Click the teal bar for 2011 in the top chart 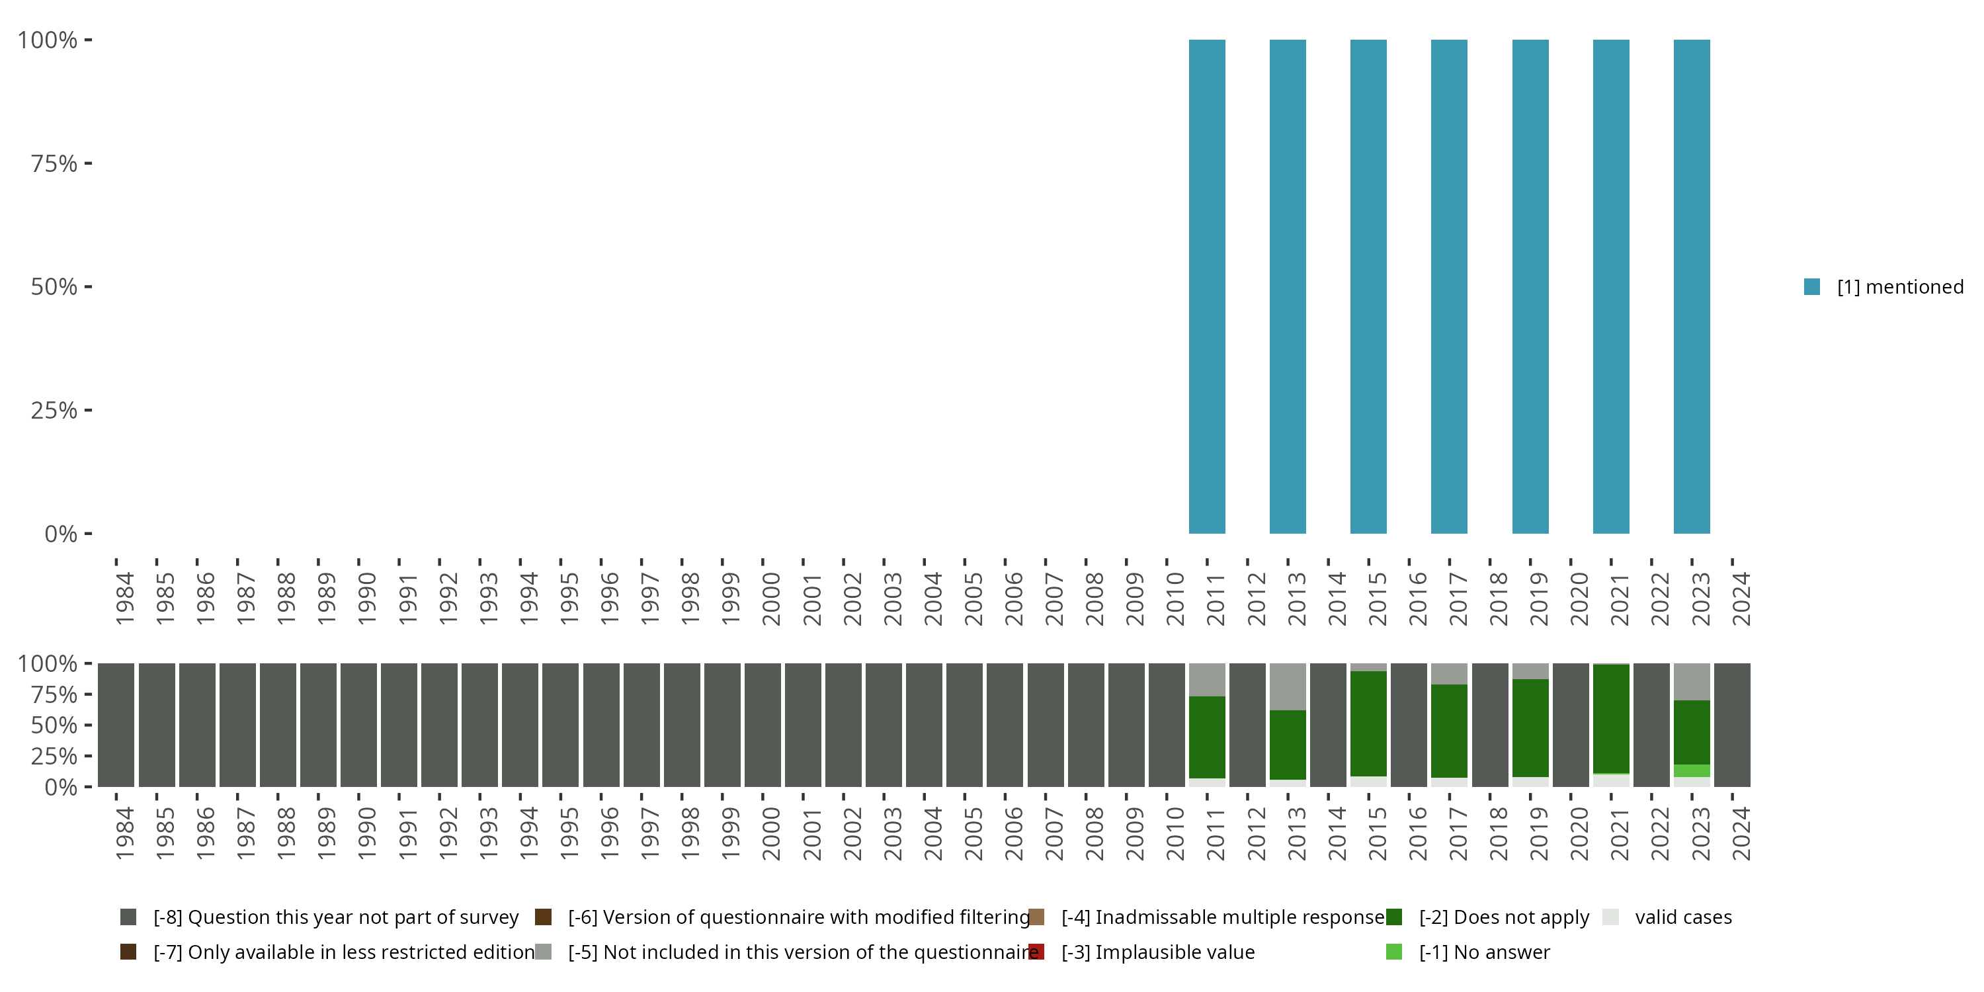tap(1207, 286)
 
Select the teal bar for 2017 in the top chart tap(1449, 286)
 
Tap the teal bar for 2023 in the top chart tap(1691, 286)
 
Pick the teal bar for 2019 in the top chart tap(1530, 286)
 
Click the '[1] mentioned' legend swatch tap(1811, 287)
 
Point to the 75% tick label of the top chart tap(54, 163)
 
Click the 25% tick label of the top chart tap(54, 411)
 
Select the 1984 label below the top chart tap(125, 599)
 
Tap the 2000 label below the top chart tap(771, 599)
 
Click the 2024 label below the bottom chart tap(1741, 834)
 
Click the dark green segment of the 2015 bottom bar tap(1368, 723)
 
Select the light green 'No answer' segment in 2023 tap(1691, 771)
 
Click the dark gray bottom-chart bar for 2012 tap(1247, 725)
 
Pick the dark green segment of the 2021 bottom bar tap(1610, 719)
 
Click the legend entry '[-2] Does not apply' tap(1503, 917)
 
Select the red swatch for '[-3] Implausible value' tap(1037, 952)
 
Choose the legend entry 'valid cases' tap(1683, 917)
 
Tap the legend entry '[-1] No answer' tap(1484, 952)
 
